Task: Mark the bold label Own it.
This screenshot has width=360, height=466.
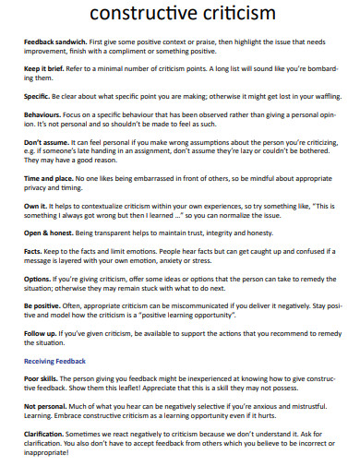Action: (x=35, y=204)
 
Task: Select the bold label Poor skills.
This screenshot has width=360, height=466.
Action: (x=42, y=378)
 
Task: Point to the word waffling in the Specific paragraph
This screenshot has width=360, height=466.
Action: (x=316, y=95)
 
